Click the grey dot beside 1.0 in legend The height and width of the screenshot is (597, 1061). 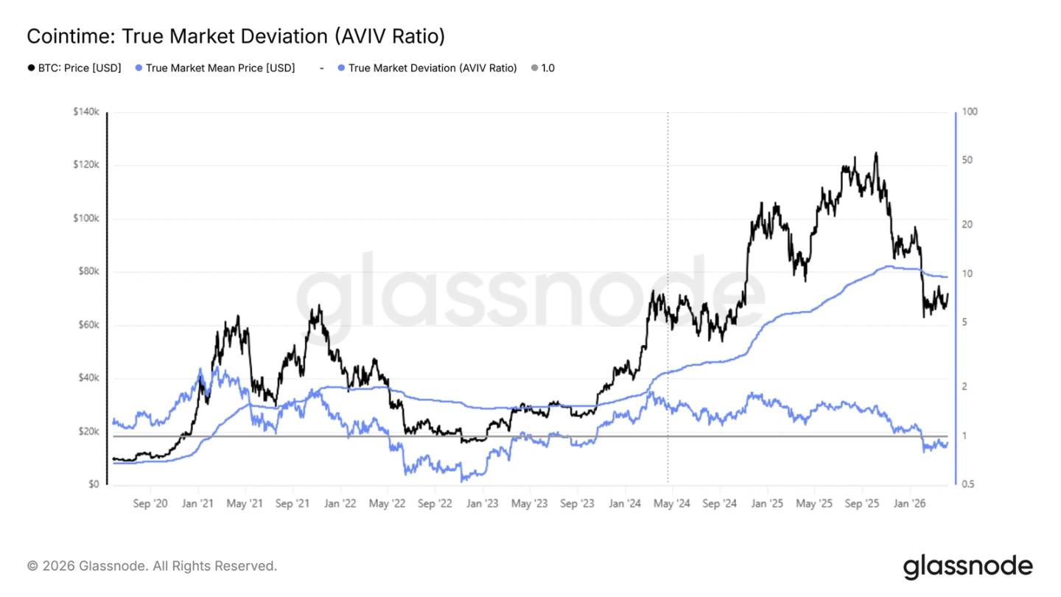point(534,68)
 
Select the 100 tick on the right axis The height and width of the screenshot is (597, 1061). point(970,112)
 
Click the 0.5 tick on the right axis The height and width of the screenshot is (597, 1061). point(970,485)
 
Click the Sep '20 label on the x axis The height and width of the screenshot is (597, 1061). point(150,504)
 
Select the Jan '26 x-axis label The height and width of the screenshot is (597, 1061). point(908,504)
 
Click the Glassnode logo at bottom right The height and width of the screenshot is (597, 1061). point(967,567)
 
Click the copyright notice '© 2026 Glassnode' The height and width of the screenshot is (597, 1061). point(152,566)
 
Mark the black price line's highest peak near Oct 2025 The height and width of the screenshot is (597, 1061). point(875,153)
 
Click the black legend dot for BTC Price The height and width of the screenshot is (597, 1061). point(31,68)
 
